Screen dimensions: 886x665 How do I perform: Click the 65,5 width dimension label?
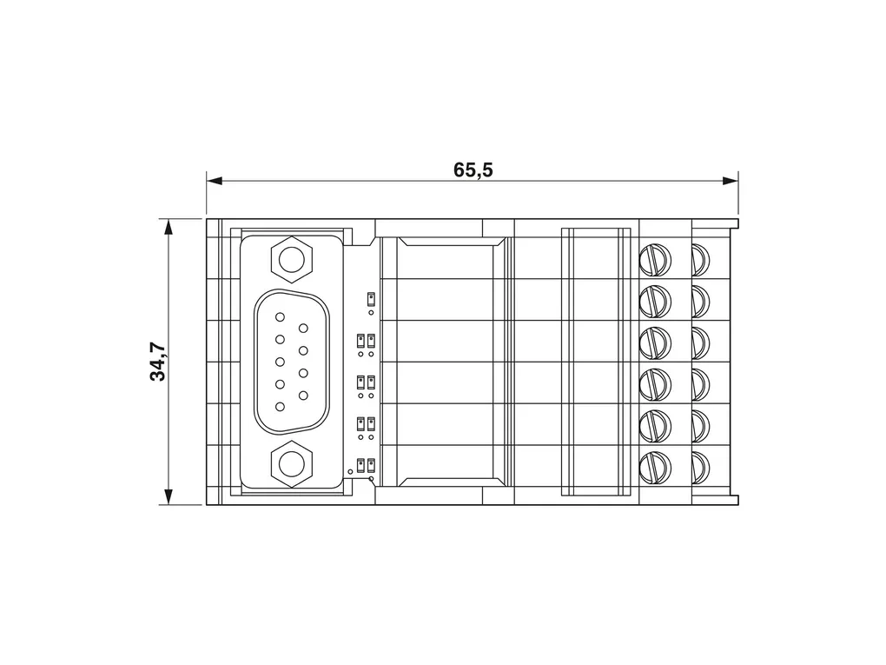pyautogui.click(x=473, y=170)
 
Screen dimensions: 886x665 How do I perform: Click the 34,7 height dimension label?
pyautogui.click(x=158, y=362)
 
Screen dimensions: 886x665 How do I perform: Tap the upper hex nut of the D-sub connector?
pyautogui.click(x=292, y=260)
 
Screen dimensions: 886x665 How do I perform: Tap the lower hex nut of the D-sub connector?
pyautogui.click(x=292, y=464)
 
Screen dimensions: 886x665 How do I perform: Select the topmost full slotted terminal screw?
pyautogui.click(x=656, y=260)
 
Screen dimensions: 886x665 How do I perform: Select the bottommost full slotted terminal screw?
pyautogui.click(x=656, y=468)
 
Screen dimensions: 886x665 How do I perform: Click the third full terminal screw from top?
pyautogui.click(x=656, y=343)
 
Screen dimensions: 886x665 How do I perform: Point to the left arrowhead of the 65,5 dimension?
pyautogui.click(x=215, y=181)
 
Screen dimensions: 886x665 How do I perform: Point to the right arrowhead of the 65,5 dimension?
pyautogui.click(x=731, y=181)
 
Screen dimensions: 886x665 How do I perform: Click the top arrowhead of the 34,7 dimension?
pyautogui.click(x=168, y=226)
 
